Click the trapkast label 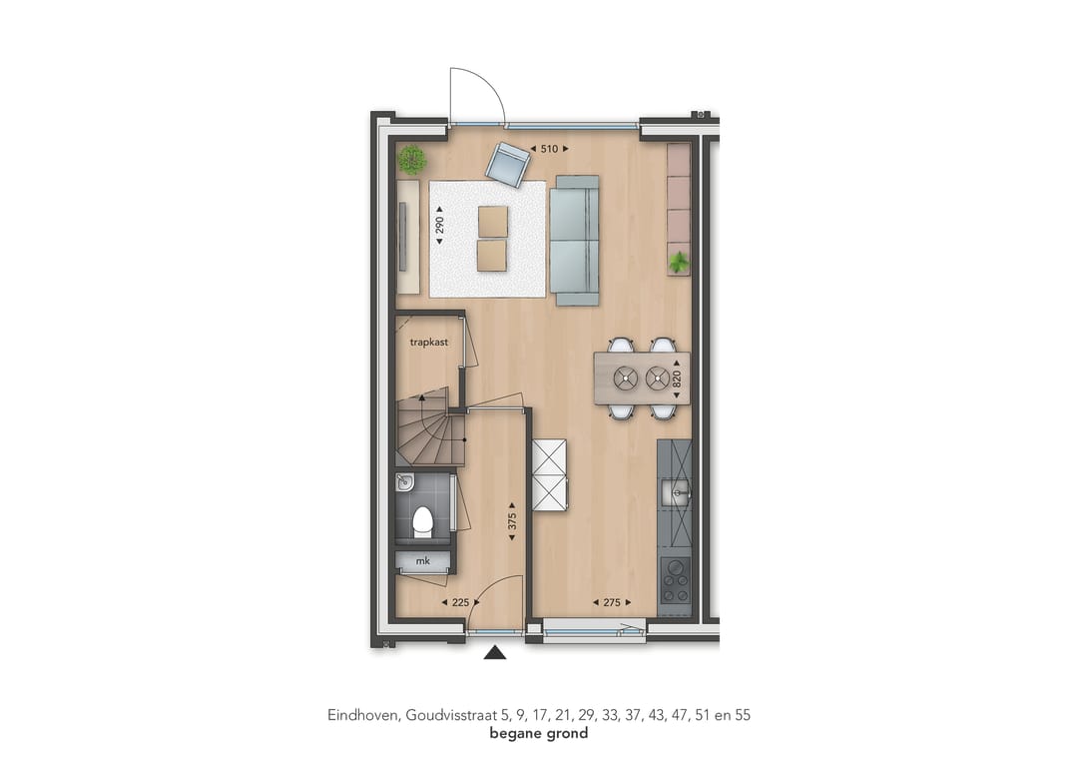(x=429, y=342)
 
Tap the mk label (x=423, y=561)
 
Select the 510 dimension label (x=549, y=149)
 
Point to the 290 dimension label (x=440, y=225)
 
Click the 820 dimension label (x=677, y=379)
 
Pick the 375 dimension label (x=511, y=521)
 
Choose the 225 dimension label (x=460, y=602)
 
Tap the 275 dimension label (x=612, y=602)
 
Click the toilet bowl (x=422, y=522)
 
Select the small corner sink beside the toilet (x=404, y=482)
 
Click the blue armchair (x=507, y=165)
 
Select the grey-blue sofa (x=576, y=240)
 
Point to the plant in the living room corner (x=412, y=160)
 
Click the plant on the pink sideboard (x=679, y=262)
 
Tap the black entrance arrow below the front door (x=495, y=652)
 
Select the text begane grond (x=539, y=733)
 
